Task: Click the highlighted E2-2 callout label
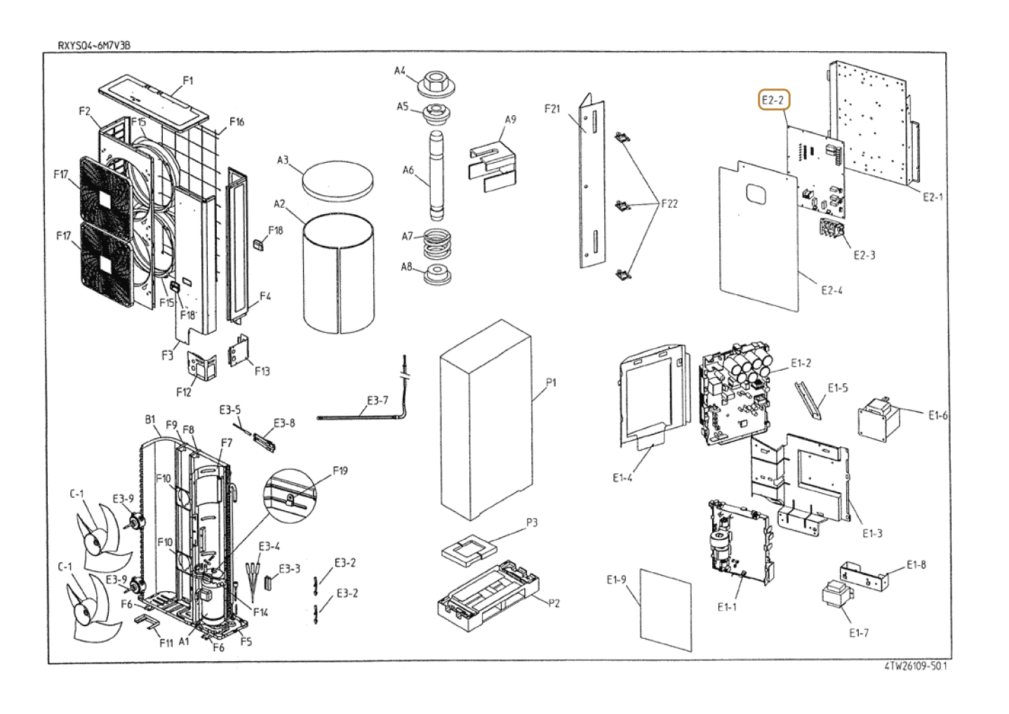click(x=773, y=100)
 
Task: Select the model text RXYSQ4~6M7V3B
click(x=94, y=46)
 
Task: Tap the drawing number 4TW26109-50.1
click(x=915, y=666)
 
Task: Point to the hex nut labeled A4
click(x=435, y=86)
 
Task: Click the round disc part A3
click(x=338, y=180)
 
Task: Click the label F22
click(x=669, y=204)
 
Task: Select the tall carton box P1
click(x=486, y=420)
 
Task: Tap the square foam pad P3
click(x=470, y=550)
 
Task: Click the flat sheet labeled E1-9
click(x=666, y=610)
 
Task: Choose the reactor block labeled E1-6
click(x=878, y=419)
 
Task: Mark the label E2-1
click(x=933, y=197)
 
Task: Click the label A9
click(x=510, y=119)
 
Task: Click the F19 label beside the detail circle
click(x=340, y=471)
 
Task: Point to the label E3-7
click(x=377, y=400)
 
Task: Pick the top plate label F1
click(x=188, y=81)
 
